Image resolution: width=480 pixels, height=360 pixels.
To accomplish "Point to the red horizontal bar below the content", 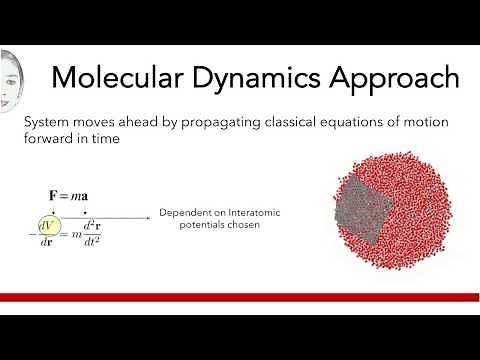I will pyautogui.click(x=240, y=297).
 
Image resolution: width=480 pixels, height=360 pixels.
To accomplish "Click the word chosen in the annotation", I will pyautogui.click(x=239, y=225).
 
